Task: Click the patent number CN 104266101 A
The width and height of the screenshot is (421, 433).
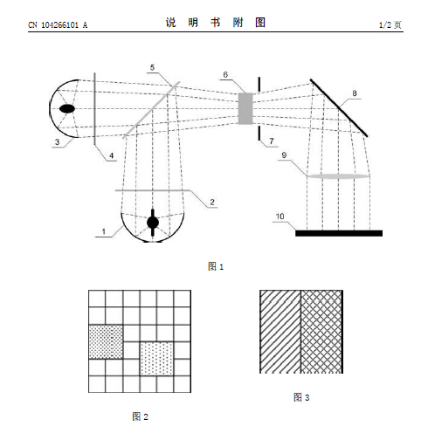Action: [x=58, y=25]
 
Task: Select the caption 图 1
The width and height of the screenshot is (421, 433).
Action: [x=216, y=266]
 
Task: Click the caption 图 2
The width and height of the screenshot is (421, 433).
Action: [x=140, y=416]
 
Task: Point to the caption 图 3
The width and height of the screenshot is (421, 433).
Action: [x=301, y=397]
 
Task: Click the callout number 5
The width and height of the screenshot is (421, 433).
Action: [x=152, y=67]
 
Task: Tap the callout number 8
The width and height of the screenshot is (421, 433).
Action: [x=355, y=93]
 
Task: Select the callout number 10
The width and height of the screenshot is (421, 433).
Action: [x=280, y=216]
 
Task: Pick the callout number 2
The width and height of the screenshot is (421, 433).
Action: [x=212, y=202]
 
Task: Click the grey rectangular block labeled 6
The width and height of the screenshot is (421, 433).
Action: [x=245, y=108]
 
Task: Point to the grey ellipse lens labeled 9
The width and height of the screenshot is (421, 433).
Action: [x=338, y=176]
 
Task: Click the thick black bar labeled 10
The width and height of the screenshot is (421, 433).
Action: [x=339, y=233]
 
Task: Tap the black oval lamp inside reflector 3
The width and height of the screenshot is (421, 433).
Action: [x=67, y=108]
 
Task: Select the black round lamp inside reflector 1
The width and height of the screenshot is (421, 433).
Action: [x=153, y=223]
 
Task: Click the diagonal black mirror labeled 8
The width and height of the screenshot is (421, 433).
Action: [x=339, y=107]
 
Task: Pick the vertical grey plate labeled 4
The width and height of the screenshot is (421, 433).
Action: [x=94, y=108]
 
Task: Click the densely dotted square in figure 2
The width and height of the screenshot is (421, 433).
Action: [x=106, y=341]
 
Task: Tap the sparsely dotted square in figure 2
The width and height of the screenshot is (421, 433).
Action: [x=156, y=359]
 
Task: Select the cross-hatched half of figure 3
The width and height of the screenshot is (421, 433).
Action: [x=321, y=332]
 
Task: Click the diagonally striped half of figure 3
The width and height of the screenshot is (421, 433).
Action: [x=280, y=332]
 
